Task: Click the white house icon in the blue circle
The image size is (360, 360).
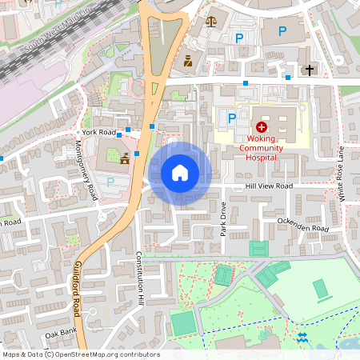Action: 180,173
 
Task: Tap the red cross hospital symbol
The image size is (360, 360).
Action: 262,127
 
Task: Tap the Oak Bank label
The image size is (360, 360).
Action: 60,334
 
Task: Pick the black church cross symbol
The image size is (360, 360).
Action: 310,70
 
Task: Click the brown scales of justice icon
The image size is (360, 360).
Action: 210,22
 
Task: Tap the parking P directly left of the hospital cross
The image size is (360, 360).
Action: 232,118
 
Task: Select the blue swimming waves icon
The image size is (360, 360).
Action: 302,337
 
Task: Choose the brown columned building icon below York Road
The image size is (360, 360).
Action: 124,160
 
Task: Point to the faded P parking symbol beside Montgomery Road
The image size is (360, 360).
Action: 110,182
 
